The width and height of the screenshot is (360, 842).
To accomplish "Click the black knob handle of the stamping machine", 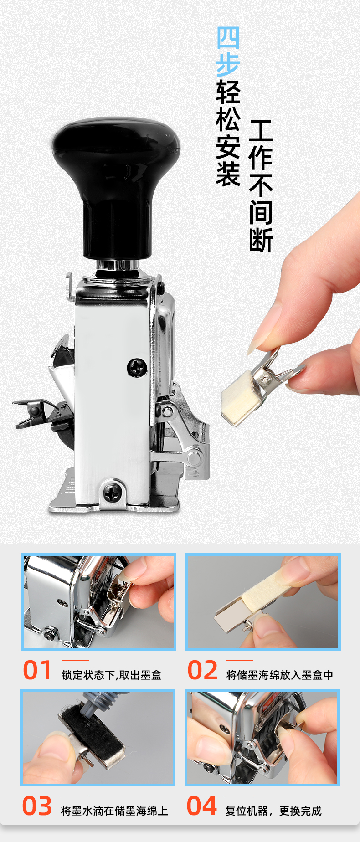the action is tap(116, 182).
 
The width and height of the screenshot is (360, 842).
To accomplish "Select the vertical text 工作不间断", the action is tap(261, 186).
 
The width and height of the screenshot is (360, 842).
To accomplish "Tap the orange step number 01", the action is tap(37, 671).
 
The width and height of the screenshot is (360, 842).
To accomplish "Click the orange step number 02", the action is tap(203, 671).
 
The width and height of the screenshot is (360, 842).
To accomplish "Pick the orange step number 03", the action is tap(37, 806).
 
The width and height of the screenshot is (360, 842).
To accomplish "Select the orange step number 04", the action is tap(201, 806).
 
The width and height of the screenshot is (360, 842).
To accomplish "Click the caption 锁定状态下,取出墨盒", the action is tap(112, 675).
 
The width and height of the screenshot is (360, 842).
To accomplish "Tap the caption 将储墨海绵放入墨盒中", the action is tap(280, 675).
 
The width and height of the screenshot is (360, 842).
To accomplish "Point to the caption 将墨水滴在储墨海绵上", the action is tap(114, 811).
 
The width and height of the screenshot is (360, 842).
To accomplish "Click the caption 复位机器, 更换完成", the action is tap(273, 811).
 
